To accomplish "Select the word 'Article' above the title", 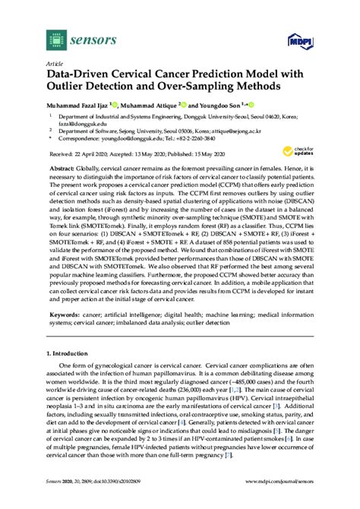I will point(54,65).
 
